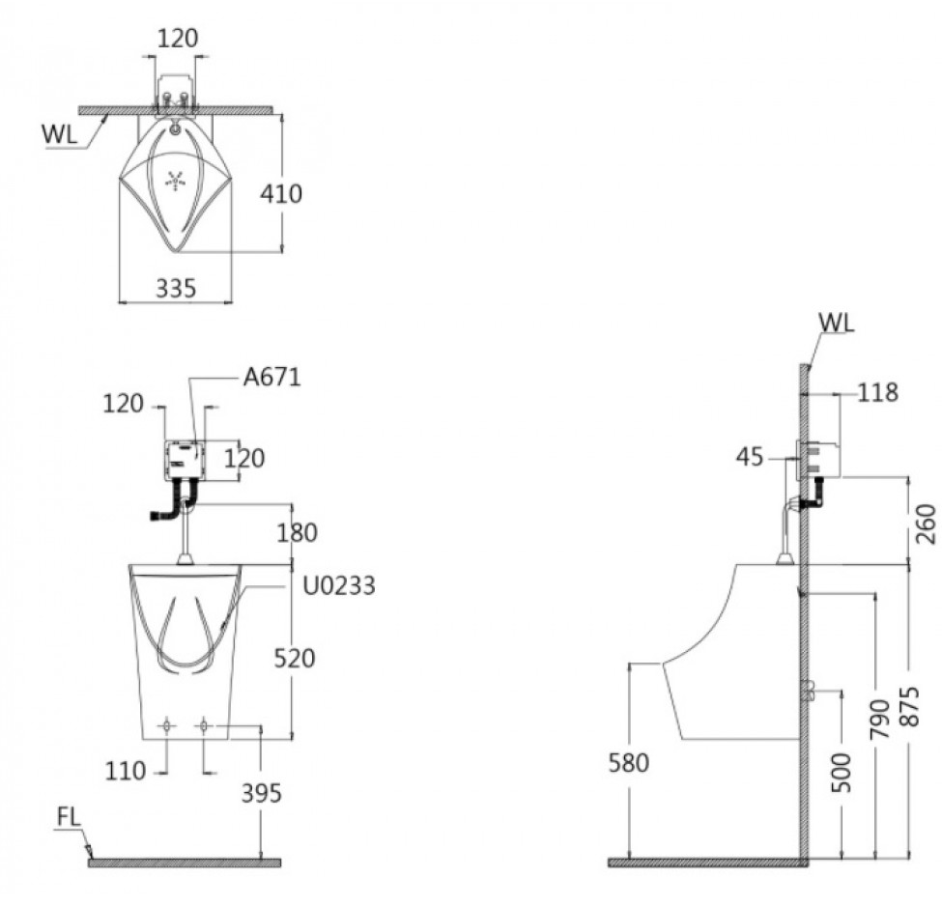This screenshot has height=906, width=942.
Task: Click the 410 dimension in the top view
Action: click(280, 193)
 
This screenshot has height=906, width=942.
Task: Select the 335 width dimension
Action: click(176, 289)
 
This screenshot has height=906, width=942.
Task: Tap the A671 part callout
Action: click(271, 378)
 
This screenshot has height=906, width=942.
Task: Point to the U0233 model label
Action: click(339, 585)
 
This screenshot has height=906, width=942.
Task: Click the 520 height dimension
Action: click(295, 659)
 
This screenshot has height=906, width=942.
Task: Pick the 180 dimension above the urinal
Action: click(297, 532)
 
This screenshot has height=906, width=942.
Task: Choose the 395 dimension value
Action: click(261, 794)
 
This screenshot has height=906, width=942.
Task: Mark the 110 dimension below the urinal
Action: click(126, 771)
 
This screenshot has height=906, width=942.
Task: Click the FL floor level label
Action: click(69, 818)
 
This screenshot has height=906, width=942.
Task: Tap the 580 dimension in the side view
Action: click(629, 763)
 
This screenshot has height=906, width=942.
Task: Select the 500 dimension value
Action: click(842, 774)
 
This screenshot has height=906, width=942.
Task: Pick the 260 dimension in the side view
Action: click(926, 524)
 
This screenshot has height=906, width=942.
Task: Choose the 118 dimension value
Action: click(877, 393)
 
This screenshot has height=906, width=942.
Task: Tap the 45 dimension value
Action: click(750, 458)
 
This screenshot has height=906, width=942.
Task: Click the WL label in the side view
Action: click(837, 324)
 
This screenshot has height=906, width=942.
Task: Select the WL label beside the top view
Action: click(60, 134)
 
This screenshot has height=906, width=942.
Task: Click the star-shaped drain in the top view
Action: click(175, 180)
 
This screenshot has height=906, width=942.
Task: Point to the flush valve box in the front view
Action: click(186, 460)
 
